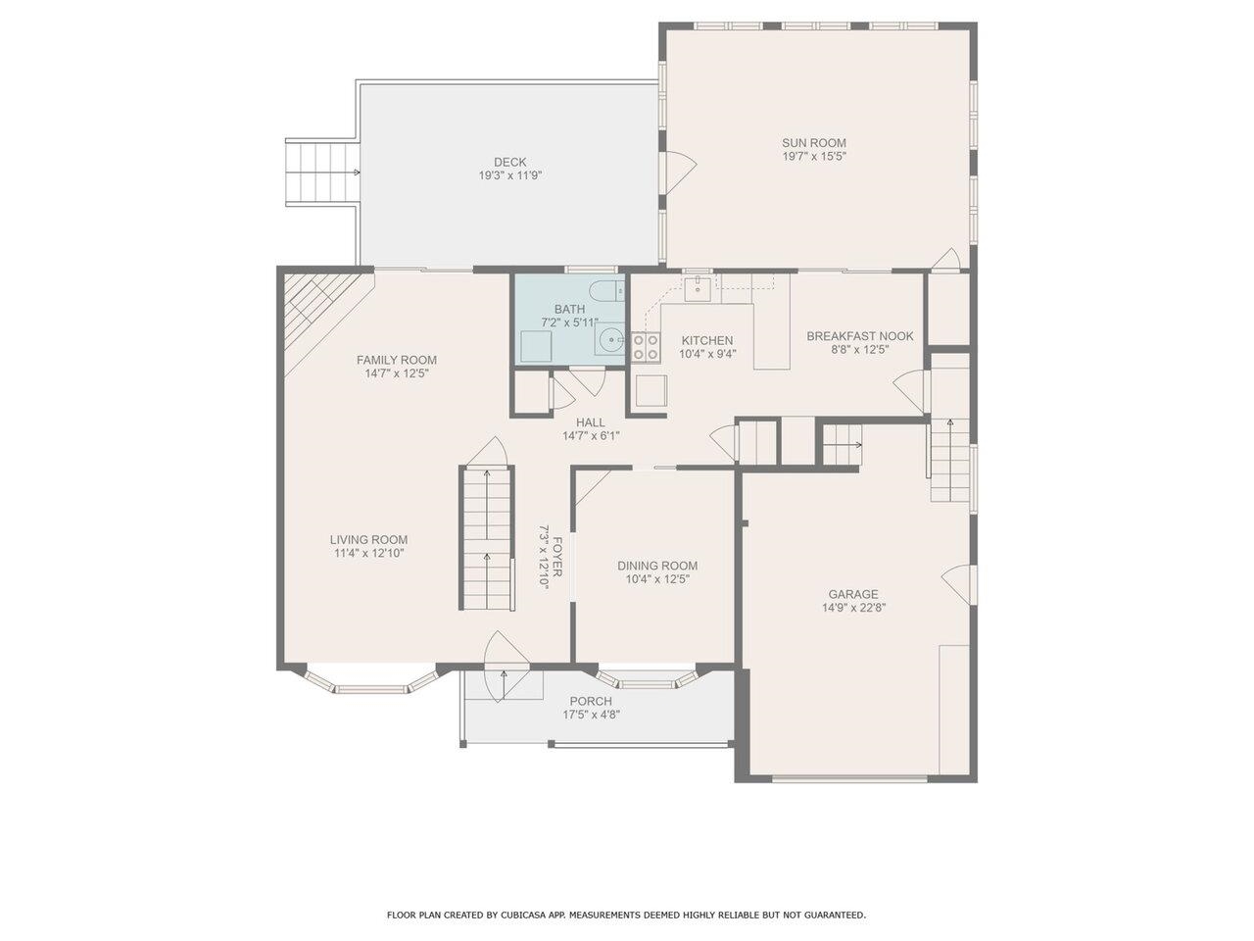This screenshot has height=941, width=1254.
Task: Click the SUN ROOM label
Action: [813, 143]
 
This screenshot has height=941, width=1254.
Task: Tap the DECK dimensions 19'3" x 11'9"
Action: [509, 175]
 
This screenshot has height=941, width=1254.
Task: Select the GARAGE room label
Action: [853, 594]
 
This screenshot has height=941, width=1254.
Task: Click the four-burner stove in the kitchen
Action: [645, 347]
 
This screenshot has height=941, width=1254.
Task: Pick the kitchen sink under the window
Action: [697, 288]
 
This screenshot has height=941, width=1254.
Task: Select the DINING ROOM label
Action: [657, 566]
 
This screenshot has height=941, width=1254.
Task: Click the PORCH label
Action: [590, 701]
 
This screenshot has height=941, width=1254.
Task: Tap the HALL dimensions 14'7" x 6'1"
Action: [591, 436]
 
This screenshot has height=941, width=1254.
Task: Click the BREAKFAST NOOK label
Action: [860, 336]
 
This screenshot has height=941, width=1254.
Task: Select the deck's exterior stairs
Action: [321, 172]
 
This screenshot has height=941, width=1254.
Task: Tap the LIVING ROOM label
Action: [368, 540]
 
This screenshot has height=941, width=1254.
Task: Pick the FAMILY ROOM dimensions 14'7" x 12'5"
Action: [397, 373]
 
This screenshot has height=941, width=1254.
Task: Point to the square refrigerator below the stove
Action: [651, 391]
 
